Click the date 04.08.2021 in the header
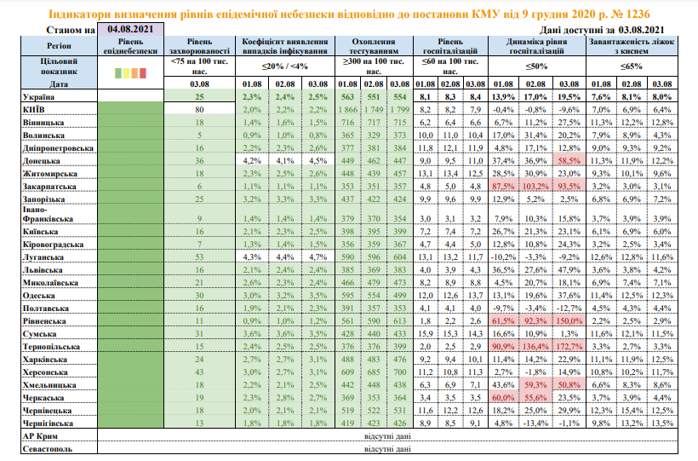(x=129, y=29)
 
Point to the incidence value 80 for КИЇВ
(x=200, y=110)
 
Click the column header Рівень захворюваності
(x=200, y=46)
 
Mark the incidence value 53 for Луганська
(x=200, y=255)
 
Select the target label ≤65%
(x=631, y=66)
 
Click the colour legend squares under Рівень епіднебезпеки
(x=129, y=74)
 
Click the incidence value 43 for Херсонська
(x=200, y=372)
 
